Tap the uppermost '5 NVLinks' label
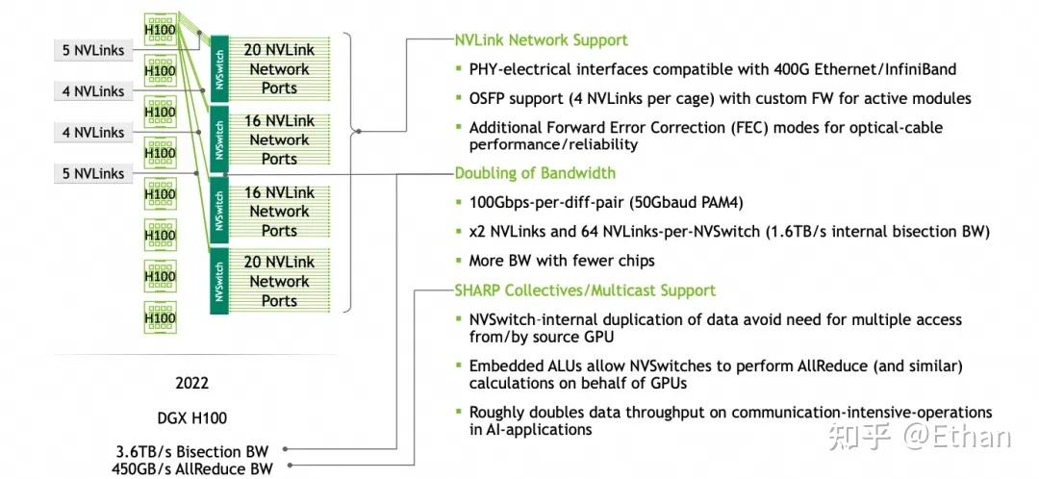[92, 50]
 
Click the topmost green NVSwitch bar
[217, 69]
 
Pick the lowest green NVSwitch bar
[217, 282]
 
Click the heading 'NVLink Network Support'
[541, 40]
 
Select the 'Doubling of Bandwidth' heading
[535, 173]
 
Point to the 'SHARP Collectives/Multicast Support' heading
[585, 290]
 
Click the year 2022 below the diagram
[191, 383]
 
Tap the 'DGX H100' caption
[191, 417]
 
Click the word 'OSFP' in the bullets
[490, 98]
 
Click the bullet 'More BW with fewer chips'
[562, 261]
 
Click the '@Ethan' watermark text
[956, 439]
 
